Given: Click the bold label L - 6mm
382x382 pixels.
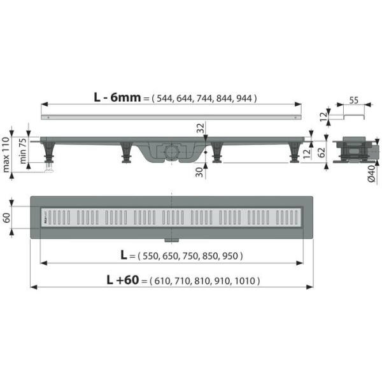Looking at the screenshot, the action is click(117, 97).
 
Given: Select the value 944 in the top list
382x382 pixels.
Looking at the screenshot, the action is click(244, 99).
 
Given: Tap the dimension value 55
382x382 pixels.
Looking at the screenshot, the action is click(354, 100).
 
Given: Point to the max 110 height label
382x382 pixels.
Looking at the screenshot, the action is click(6, 155).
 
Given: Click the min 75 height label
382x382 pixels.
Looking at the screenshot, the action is click(22, 151).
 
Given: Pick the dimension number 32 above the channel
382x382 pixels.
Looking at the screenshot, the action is click(201, 128).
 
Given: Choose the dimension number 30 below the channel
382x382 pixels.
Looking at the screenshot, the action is click(199, 173).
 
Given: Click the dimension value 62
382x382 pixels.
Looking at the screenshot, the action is click(322, 153).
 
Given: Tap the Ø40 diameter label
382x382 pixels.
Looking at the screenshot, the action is click(371, 174).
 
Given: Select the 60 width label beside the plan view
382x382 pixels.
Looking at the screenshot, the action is click(6, 218).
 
